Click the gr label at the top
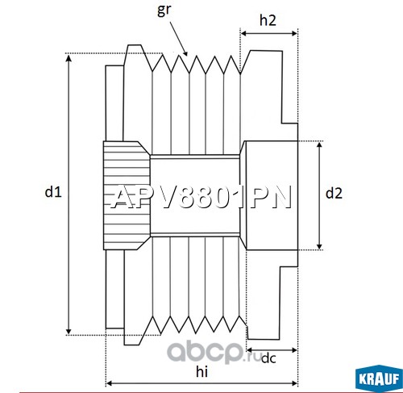click(x=164, y=10)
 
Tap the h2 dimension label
click(x=268, y=20)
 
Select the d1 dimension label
click(x=53, y=192)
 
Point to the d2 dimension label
click(x=334, y=193)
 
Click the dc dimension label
click(x=268, y=358)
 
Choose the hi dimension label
click(x=201, y=371)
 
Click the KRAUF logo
click(x=379, y=378)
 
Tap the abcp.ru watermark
click(x=214, y=352)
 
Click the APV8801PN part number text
click(x=201, y=197)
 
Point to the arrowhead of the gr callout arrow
click(x=185, y=53)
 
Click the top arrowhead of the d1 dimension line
click(x=69, y=57)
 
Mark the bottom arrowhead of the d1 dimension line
click(x=69, y=331)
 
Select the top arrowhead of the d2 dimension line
click(x=319, y=145)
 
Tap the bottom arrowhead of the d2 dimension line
click(x=319, y=246)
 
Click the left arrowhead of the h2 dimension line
click(x=244, y=33)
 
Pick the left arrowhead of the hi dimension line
click(x=110, y=383)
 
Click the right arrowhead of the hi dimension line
click(x=294, y=383)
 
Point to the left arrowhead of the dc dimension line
click(x=250, y=350)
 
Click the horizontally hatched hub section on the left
click(x=127, y=195)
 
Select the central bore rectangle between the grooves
click(x=195, y=195)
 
